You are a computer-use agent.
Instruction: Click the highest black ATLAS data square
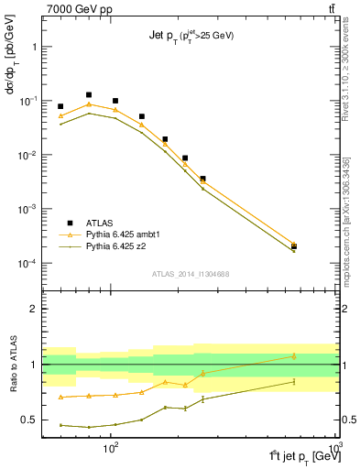point(89,94)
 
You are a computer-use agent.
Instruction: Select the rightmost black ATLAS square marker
point(294,245)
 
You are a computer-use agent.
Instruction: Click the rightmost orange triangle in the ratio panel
point(294,355)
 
